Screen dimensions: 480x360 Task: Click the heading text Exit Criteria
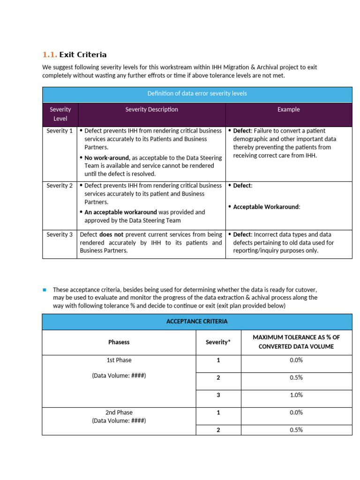[83, 55]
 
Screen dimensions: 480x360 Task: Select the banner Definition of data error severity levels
[197, 94]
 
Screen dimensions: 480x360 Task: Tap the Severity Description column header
[151, 110]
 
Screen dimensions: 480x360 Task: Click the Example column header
[288, 110]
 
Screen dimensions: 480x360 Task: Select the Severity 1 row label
[60, 131]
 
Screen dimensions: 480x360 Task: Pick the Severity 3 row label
[60, 235]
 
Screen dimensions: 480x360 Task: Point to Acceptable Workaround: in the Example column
[266, 207]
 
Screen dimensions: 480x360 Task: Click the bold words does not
[111, 235]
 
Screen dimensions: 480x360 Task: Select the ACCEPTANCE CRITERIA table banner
[197, 322]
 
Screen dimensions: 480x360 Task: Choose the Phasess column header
[119, 342]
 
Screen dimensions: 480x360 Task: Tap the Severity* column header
[218, 342]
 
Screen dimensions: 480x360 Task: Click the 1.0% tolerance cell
[296, 395]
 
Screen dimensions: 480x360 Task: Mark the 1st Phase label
[119, 360]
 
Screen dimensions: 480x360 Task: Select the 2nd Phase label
[119, 412]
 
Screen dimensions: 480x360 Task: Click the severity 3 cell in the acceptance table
[218, 395]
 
